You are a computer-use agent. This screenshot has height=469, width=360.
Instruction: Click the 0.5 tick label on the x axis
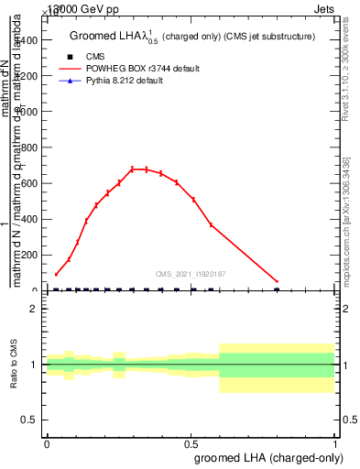pyautogui.click(x=191, y=443)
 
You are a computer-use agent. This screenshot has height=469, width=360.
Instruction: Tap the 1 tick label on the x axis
pyautogui.click(x=334, y=443)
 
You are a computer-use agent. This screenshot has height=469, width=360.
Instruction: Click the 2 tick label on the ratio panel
pyautogui.click(x=33, y=309)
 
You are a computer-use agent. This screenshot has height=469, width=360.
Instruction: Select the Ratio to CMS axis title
pyautogui.click(x=14, y=364)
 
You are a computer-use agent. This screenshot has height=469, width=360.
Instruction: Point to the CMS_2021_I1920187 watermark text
pyautogui.click(x=190, y=273)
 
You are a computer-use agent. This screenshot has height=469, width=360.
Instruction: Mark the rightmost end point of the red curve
pyautogui.click(x=277, y=281)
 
